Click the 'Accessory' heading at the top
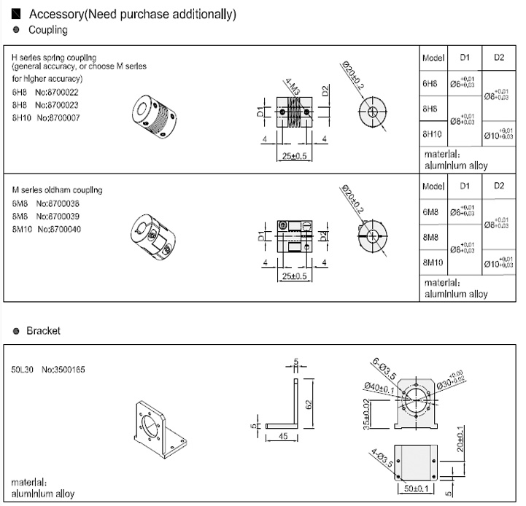click(55, 15)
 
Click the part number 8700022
click(63, 93)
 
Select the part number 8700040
click(67, 230)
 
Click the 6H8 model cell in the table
click(430, 84)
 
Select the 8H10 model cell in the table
click(432, 134)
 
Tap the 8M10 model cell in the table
click(433, 261)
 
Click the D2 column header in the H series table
click(499, 57)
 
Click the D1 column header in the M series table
click(465, 186)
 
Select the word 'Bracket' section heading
click(44, 330)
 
